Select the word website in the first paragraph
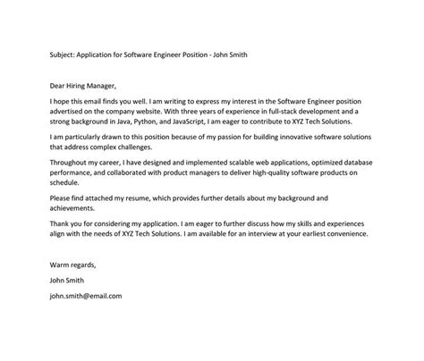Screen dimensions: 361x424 [160, 110]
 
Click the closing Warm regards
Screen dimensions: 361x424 [69, 264]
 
